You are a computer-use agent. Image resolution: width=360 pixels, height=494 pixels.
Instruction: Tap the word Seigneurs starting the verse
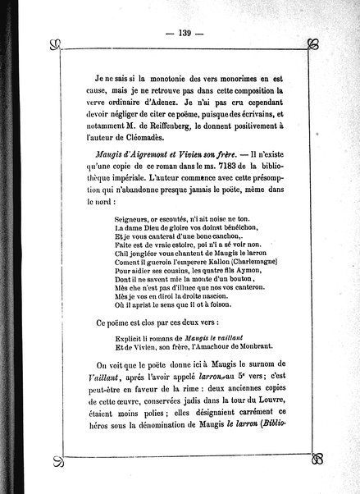coord(135,221)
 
